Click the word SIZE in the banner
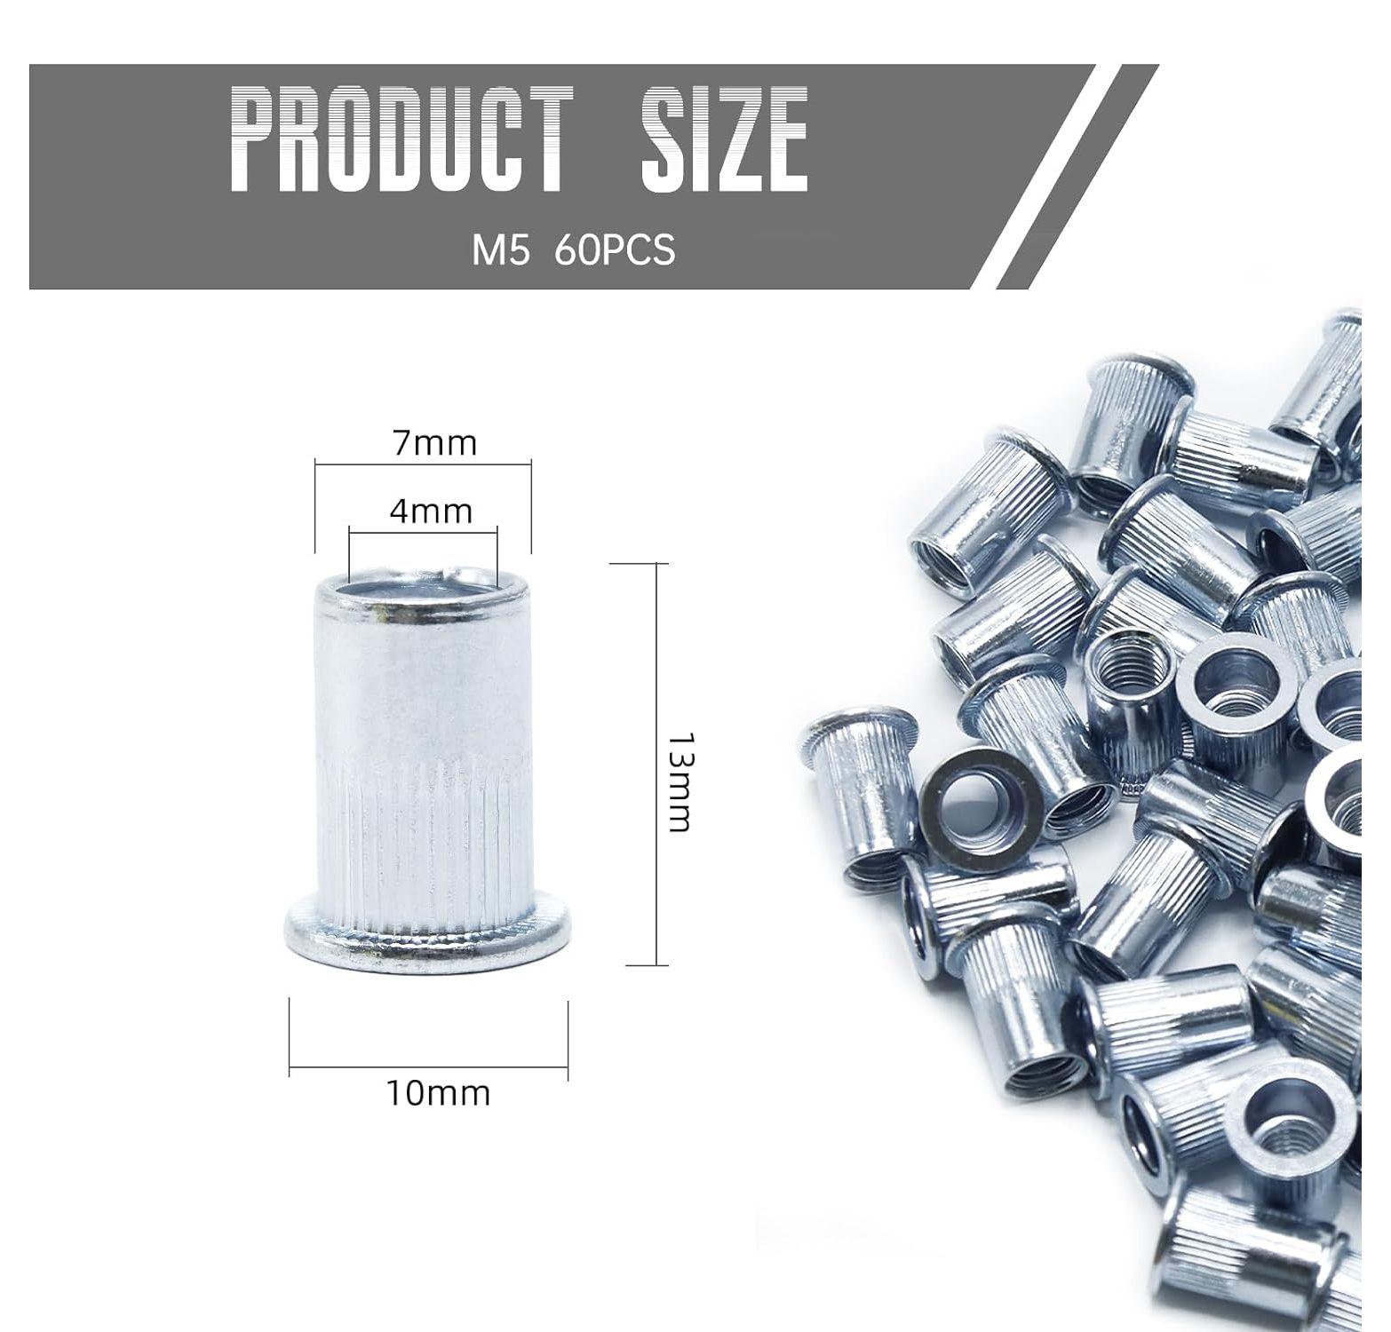tap(725, 139)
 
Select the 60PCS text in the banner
tap(615, 250)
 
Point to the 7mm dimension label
tap(435, 442)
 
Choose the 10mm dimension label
tap(437, 1092)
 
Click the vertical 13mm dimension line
tap(656, 764)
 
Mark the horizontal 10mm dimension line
tap(428, 1066)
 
